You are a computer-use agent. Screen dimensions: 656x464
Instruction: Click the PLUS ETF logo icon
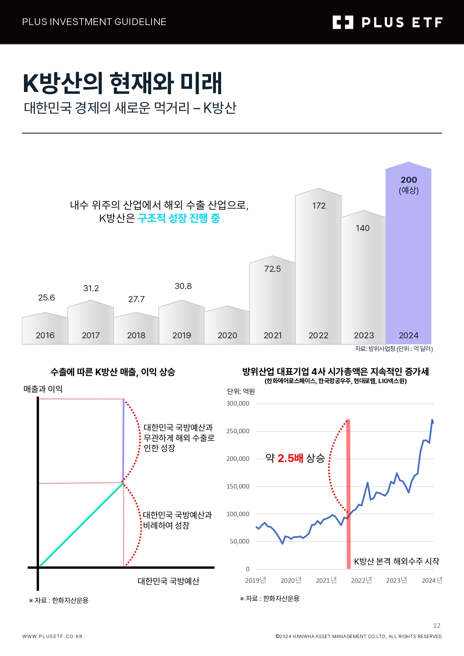[343, 22]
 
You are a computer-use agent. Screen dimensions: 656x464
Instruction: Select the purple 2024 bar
[408, 262]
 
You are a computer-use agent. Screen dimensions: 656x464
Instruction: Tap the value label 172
[319, 206]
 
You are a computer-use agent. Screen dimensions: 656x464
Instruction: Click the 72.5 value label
[272, 269]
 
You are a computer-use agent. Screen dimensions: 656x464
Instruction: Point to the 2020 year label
[227, 335]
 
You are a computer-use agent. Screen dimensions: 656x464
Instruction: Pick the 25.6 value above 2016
[46, 298]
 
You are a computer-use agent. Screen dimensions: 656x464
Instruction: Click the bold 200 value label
[409, 180]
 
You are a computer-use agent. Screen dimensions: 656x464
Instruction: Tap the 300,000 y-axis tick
[238, 403]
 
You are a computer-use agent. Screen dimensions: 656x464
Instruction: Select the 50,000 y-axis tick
[239, 541]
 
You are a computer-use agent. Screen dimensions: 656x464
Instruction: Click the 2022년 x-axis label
[361, 580]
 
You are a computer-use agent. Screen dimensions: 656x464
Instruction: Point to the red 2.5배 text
[290, 458]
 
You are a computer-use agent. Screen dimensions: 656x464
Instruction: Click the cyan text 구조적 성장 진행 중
[179, 218]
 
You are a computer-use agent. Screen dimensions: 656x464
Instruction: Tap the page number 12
[437, 626]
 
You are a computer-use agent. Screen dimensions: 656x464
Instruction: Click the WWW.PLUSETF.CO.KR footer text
[52, 636]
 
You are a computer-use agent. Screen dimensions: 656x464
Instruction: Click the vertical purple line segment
[123, 441]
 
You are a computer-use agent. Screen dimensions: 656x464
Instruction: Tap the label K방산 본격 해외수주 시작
[396, 561]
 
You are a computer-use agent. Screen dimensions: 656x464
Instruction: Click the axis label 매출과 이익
[43, 389]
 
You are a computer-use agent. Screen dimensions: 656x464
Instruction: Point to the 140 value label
[362, 228]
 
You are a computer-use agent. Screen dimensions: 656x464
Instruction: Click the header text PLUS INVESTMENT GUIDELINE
[94, 22]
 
